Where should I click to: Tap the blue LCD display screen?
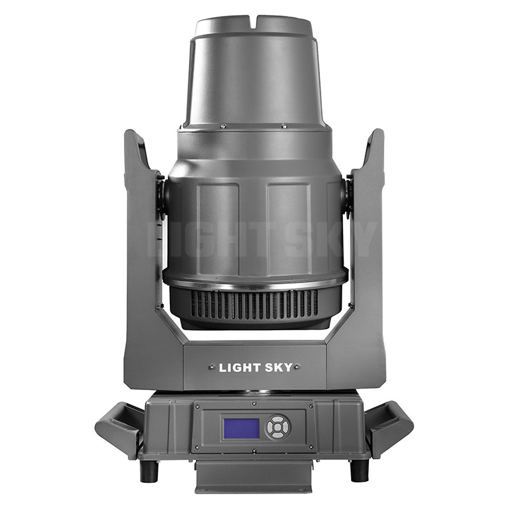(x=241, y=428)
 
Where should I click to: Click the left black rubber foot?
(x=148, y=470)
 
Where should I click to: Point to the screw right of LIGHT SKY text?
(x=297, y=368)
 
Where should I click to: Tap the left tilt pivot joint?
(x=162, y=196)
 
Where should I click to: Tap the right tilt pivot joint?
(x=347, y=196)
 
